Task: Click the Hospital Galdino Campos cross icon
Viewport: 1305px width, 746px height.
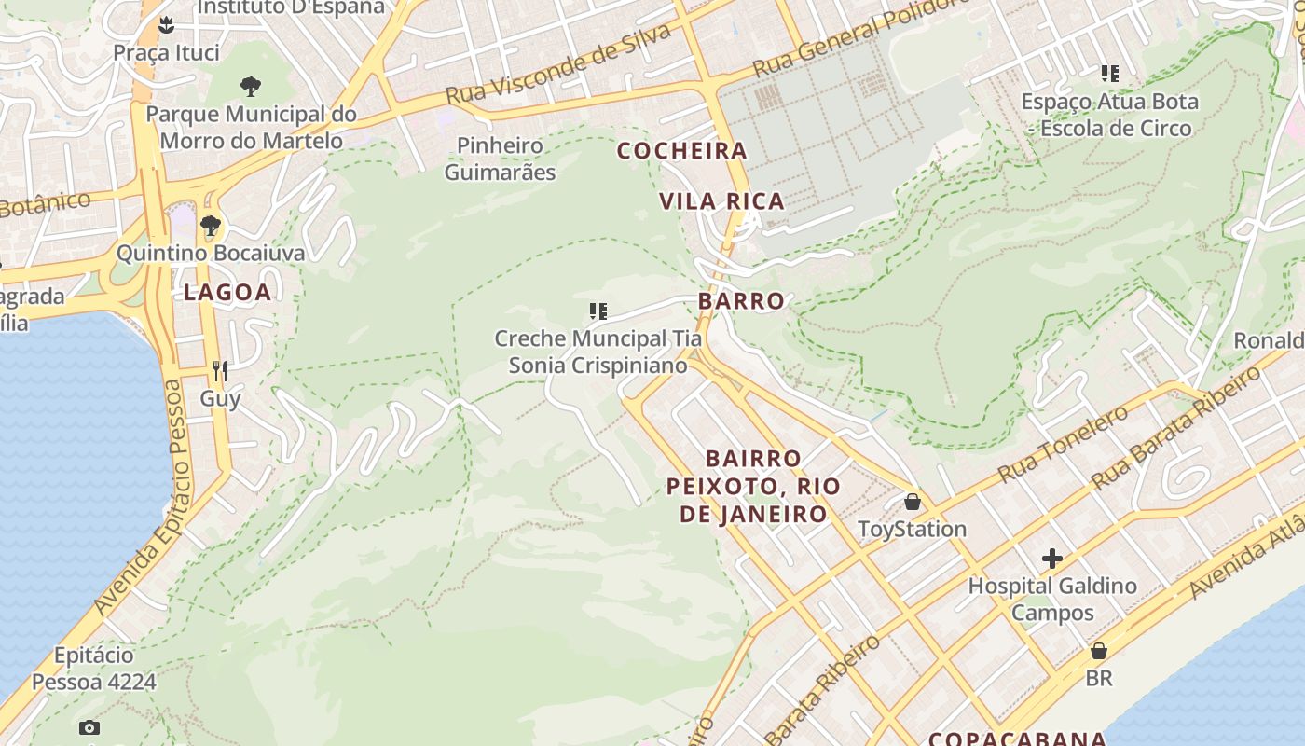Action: point(1052,559)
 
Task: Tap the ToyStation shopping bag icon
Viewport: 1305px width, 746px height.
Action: point(913,502)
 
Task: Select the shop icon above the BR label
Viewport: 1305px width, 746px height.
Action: point(1099,651)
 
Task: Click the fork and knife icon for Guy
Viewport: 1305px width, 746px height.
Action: point(220,371)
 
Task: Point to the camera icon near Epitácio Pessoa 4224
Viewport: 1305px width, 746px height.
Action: point(89,727)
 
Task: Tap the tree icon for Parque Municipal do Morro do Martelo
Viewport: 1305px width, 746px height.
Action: point(250,87)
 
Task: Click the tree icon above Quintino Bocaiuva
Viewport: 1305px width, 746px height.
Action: point(211,225)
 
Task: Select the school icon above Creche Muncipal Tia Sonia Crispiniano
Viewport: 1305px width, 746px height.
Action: point(598,311)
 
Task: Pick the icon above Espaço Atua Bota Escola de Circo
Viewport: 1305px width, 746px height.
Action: point(1109,73)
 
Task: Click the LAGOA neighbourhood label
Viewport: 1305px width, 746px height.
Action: point(227,292)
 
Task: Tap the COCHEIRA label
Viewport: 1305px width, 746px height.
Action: point(682,150)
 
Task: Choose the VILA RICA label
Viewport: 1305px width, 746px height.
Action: point(721,200)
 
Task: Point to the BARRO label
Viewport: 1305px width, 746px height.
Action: point(741,301)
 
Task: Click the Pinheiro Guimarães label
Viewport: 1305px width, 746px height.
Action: point(500,159)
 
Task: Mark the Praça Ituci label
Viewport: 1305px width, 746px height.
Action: point(166,52)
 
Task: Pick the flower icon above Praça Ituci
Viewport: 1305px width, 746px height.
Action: point(166,23)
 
